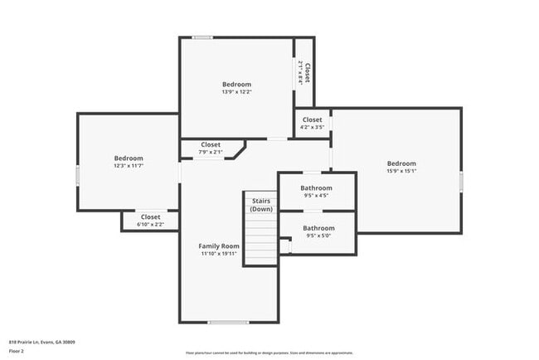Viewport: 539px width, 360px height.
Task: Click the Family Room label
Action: [x=219, y=246]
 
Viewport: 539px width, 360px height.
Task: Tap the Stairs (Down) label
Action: [x=261, y=205]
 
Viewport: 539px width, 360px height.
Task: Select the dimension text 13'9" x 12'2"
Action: [x=236, y=92]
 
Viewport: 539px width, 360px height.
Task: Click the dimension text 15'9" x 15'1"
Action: [x=401, y=172]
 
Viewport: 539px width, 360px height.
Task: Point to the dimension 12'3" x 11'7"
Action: [x=129, y=166]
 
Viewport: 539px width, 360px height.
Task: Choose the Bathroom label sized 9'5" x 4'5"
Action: [x=316, y=188]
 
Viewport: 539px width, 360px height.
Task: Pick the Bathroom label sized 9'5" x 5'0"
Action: [x=318, y=228]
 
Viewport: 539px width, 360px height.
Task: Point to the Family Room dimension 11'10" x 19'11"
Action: [x=219, y=254]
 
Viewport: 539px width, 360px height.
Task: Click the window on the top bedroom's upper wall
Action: [x=202, y=36]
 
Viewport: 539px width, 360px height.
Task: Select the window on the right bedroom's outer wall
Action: [x=461, y=182]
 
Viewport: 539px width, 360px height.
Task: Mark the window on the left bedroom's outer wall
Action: [x=77, y=176]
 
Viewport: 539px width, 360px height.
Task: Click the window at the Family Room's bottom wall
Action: [x=228, y=322]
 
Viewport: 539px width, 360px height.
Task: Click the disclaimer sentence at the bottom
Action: [x=269, y=353]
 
